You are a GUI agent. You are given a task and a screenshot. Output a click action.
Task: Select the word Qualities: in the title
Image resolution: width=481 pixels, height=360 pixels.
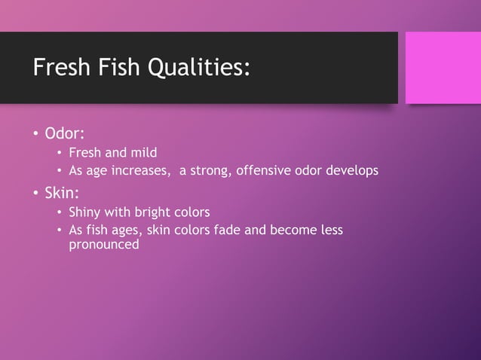point(199,69)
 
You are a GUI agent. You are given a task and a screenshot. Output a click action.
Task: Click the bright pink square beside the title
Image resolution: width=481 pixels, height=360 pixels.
point(443,68)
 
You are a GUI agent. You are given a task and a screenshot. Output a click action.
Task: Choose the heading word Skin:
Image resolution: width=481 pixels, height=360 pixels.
point(63,193)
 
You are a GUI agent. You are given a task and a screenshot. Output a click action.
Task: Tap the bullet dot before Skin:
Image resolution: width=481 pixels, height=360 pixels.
point(35,194)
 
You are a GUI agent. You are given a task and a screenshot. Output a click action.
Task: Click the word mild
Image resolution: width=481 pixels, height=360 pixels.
point(142,154)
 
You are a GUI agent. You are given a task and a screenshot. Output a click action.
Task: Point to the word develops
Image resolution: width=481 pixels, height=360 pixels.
point(351,171)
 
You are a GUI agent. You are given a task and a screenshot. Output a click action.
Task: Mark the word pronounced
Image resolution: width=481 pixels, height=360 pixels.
point(104,245)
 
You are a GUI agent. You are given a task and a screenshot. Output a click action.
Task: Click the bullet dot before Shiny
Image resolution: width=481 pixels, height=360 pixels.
point(60,212)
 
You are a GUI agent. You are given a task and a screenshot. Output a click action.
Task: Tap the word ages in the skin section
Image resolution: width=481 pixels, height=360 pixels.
point(133,230)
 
